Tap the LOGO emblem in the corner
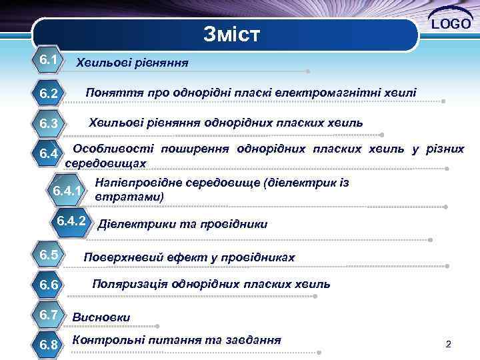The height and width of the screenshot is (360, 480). coord(452,23)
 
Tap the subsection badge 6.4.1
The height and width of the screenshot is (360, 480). coord(68,191)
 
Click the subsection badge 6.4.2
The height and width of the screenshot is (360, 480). coord(71,221)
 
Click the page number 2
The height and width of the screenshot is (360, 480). coord(449,345)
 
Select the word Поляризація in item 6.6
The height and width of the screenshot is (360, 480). coord(129,284)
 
